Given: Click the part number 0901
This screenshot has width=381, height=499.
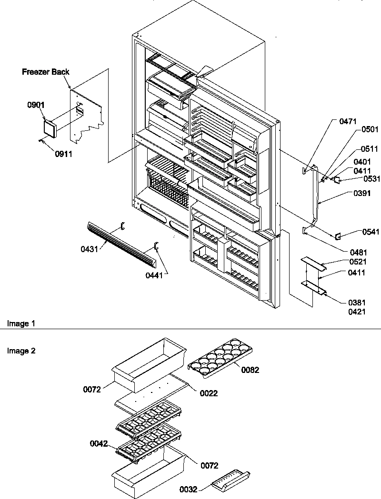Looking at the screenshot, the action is (x=36, y=105).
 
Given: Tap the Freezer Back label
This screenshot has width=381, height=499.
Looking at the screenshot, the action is (x=46, y=72).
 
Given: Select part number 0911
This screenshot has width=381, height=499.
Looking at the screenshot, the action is (x=63, y=154).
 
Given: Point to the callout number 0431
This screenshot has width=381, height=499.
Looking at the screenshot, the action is (x=89, y=249).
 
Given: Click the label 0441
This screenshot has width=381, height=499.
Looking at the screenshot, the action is (x=154, y=275).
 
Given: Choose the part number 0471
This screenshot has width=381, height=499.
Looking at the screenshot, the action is (x=348, y=121).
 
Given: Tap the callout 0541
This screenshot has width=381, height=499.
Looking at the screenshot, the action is (x=371, y=232).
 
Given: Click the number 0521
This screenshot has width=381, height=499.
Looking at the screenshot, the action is (x=358, y=262).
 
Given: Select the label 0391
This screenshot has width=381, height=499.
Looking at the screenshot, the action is (x=362, y=193).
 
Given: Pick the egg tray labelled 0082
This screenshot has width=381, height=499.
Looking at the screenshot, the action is (x=221, y=357).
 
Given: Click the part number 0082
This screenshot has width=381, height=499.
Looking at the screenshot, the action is (x=251, y=370).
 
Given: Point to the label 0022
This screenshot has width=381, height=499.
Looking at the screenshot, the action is (x=209, y=393).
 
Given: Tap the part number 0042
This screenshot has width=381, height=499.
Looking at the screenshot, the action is (x=99, y=444).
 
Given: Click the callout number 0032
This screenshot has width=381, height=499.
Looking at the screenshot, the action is (x=188, y=489).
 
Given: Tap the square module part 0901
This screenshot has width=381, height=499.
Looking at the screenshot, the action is (x=50, y=128).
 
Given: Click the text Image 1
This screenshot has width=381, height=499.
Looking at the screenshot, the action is (x=21, y=324).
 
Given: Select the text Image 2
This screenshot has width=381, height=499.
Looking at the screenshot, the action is (x=21, y=351).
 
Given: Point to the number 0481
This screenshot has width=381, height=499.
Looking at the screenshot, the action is (x=359, y=253).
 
